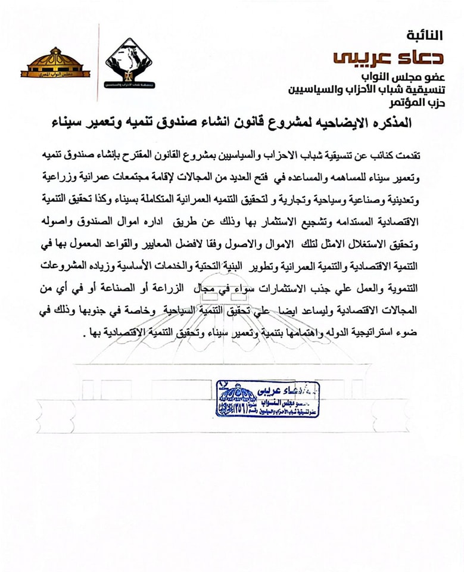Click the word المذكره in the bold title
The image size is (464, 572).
pyautogui.click(x=388, y=123)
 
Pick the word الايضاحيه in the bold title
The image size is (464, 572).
pyautogui.click(x=333, y=123)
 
